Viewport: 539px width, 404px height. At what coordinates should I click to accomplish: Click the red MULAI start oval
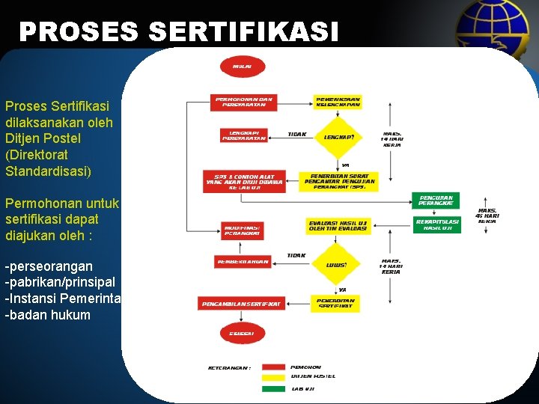point(243,67)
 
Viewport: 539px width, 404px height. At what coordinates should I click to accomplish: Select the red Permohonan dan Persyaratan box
point(244,102)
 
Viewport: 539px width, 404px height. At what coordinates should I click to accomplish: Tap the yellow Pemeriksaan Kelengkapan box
point(338,102)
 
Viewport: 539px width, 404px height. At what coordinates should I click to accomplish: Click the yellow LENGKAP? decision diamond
point(339,137)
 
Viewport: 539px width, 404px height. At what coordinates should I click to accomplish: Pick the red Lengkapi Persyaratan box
point(244,135)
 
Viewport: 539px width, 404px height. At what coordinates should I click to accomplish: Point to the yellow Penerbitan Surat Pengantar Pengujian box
point(339,180)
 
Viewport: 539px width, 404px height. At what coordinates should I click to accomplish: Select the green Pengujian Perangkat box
point(435,201)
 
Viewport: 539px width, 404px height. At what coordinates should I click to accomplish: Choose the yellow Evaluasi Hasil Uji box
point(338,225)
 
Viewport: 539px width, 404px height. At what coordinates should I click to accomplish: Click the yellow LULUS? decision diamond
point(337,263)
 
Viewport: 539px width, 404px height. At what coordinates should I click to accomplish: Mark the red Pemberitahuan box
point(243,262)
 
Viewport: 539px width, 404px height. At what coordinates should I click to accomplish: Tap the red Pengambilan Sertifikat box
point(241,304)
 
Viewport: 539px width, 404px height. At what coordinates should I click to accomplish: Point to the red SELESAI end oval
point(242,332)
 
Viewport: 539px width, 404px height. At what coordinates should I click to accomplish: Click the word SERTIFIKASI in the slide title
point(244,31)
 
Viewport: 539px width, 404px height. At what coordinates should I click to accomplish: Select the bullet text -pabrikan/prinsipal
point(60,282)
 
